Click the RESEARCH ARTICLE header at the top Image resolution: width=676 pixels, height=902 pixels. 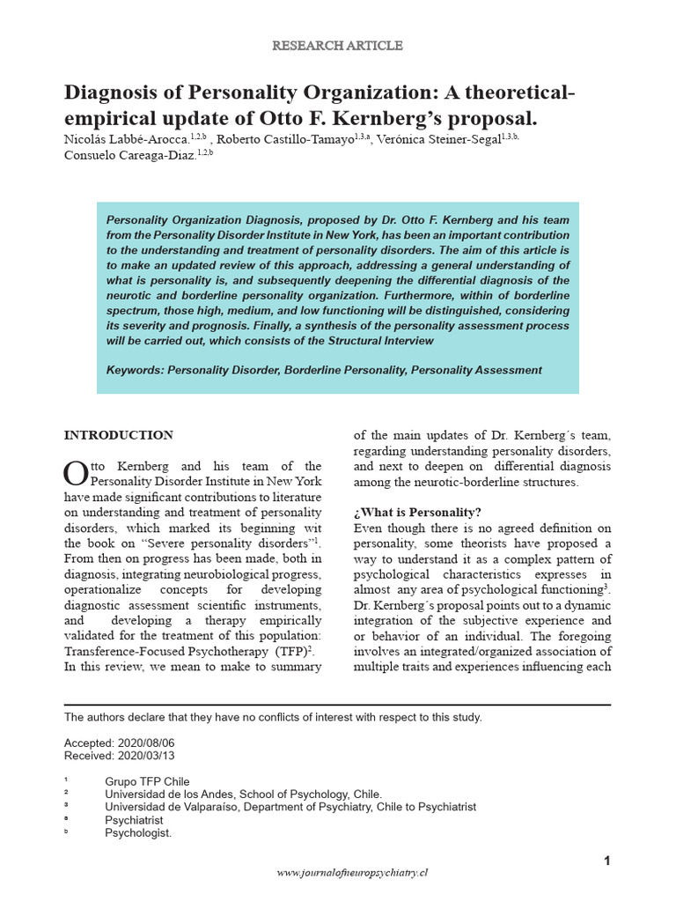[x=338, y=45]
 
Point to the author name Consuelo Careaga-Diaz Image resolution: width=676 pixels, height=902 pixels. [x=130, y=156]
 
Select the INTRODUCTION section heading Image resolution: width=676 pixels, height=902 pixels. [x=119, y=435]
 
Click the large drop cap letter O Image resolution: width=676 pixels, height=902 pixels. [x=76, y=473]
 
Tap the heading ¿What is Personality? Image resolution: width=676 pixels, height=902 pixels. [x=417, y=513]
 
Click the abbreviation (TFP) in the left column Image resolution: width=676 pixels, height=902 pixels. [x=290, y=651]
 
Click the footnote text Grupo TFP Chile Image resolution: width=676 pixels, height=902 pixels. [x=147, y=781]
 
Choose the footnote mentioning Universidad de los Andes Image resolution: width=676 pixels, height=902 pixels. [x=243, y=794]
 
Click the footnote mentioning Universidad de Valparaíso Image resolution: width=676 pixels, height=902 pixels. [x=290, y=806]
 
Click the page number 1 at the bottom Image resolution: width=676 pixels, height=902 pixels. [x=606, y=861]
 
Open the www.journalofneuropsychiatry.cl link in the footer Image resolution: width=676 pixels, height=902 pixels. [x=352, y=873]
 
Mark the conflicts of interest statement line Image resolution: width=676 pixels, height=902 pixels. [x=273, y=717]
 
